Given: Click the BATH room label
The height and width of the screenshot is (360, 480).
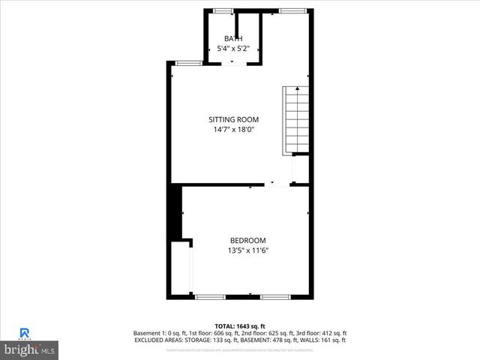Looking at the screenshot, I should (233, 39).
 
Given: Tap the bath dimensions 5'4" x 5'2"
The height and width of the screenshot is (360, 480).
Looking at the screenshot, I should (233, 49).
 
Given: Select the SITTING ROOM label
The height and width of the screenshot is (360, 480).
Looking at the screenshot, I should (233, 119).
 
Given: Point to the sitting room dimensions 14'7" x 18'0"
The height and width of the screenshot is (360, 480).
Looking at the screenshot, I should (233, 129).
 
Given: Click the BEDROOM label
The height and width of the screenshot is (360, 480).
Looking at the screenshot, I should (248, 241).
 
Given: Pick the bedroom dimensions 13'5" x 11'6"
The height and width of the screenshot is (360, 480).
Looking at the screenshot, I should (248, 250).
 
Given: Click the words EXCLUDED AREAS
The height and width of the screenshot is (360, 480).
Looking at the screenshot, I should (158, 340).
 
